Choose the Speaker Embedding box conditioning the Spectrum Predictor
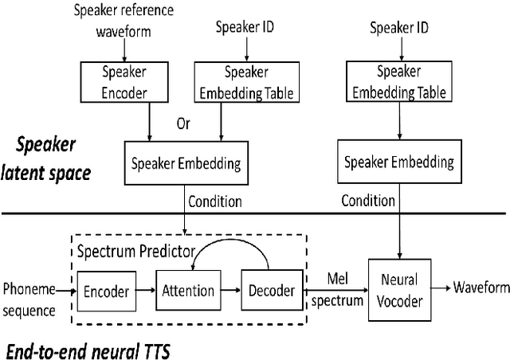[x=186, y=162]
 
